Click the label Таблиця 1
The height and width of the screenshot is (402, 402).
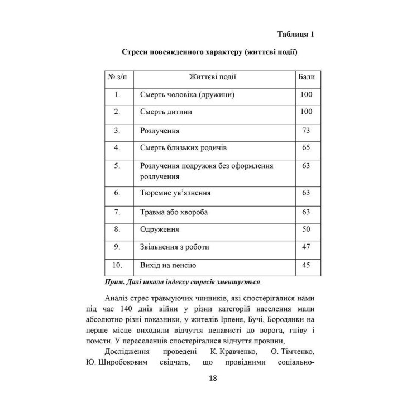point(296,35)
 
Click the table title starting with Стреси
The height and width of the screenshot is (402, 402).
point(209,53)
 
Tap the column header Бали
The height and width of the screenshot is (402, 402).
point(306,77)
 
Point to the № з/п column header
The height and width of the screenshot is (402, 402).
point(117,77)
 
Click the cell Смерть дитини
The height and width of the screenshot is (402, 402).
point(166,112)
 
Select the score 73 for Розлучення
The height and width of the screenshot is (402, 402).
point(305,130)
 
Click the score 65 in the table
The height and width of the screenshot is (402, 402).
point(305,148)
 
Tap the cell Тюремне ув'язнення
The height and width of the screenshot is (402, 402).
point(175,193)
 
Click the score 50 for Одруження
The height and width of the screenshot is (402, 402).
point(305,229)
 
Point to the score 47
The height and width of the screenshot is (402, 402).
point(305,247)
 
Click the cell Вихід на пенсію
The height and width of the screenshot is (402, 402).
point(168,265)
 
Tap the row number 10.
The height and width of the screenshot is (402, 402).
point(117,265)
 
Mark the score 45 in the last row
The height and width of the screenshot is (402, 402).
point(305,265)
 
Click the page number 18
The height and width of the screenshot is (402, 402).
point(213,378)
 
